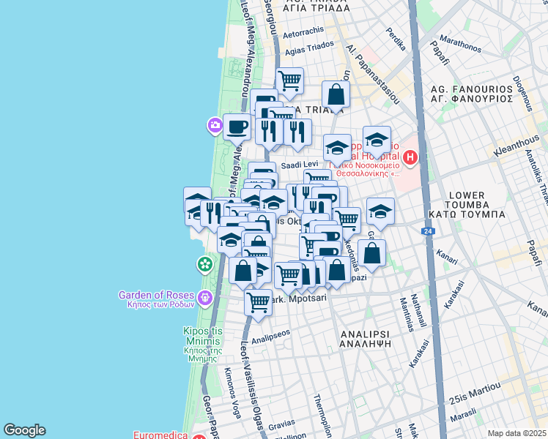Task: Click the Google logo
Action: click(24, 430)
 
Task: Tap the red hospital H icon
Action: click(410, 157)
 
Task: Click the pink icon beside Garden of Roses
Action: click(205, 297)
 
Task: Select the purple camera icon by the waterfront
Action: click(215, 125)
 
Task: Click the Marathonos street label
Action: click(459, 43)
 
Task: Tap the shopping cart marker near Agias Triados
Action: click(289, 80)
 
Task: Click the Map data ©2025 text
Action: click(516, 433)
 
